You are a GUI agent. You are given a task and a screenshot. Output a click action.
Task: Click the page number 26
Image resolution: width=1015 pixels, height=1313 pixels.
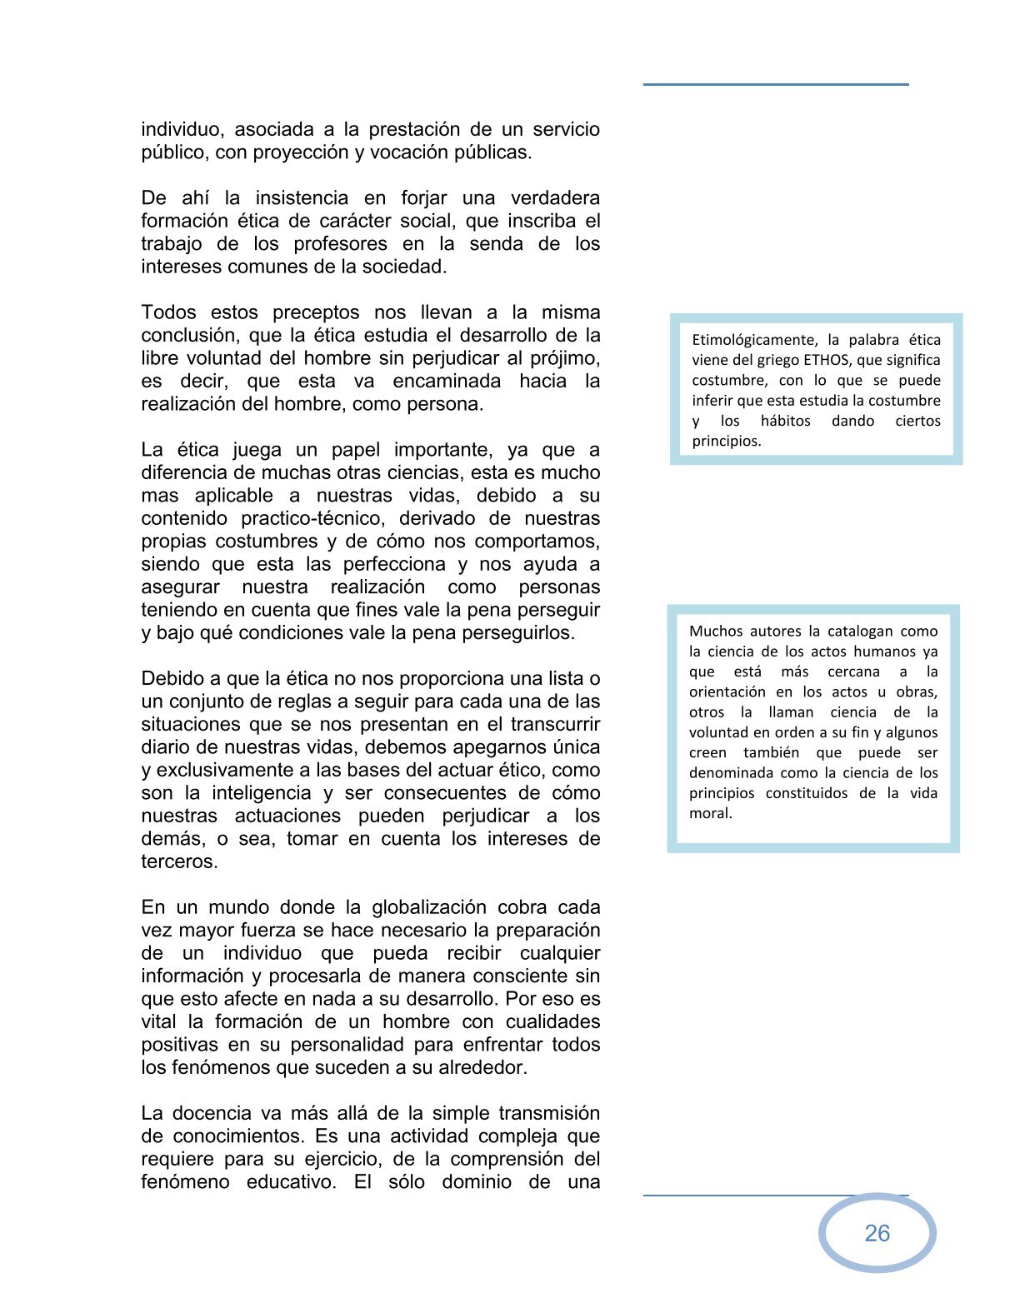click(x=877, y=1233)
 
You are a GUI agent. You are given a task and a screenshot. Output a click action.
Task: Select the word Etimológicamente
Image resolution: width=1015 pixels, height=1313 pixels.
click(x=754, y=340)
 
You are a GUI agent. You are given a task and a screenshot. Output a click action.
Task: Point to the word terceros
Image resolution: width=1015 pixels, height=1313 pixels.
click(x=179, y=861)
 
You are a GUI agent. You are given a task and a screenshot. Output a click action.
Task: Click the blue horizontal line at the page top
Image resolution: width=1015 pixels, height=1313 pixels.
click(x=775, y=84)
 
